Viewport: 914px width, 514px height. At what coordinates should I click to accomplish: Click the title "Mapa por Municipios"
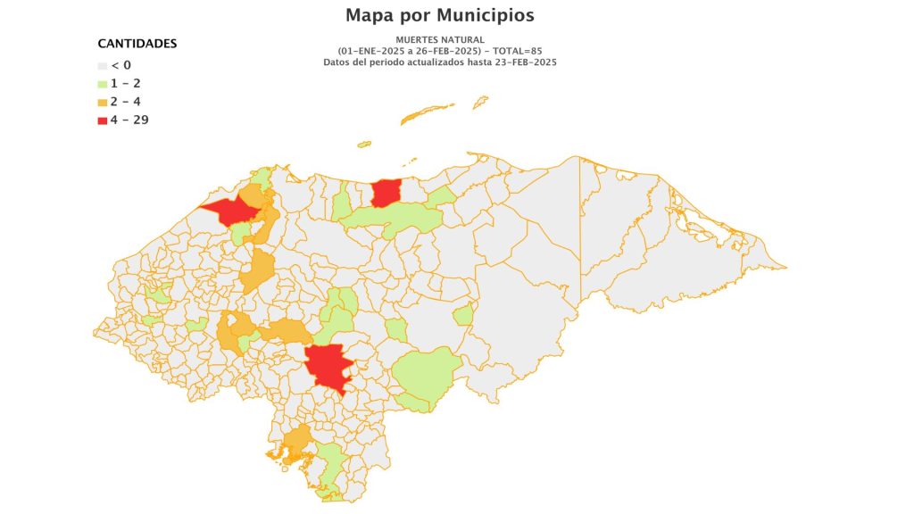point(440,15)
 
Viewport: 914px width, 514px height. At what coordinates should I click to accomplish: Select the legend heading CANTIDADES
point(137,44)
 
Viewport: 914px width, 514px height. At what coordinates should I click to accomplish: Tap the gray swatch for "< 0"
point(102,65)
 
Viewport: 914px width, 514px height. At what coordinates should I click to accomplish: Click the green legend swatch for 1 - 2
point(102,84)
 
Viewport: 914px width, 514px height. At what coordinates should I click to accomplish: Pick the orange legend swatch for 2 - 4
point(102,102)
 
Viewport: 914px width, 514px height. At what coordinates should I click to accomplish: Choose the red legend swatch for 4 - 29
point(102,120)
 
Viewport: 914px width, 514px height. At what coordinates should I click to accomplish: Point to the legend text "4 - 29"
point(129,120)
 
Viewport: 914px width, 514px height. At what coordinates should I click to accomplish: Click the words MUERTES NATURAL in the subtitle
point(440,40)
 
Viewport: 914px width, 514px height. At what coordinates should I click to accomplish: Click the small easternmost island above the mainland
point(480,102)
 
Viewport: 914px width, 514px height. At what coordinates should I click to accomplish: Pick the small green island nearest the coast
point(364,143)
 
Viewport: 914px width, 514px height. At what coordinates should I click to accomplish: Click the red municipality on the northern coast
point(386,192)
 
